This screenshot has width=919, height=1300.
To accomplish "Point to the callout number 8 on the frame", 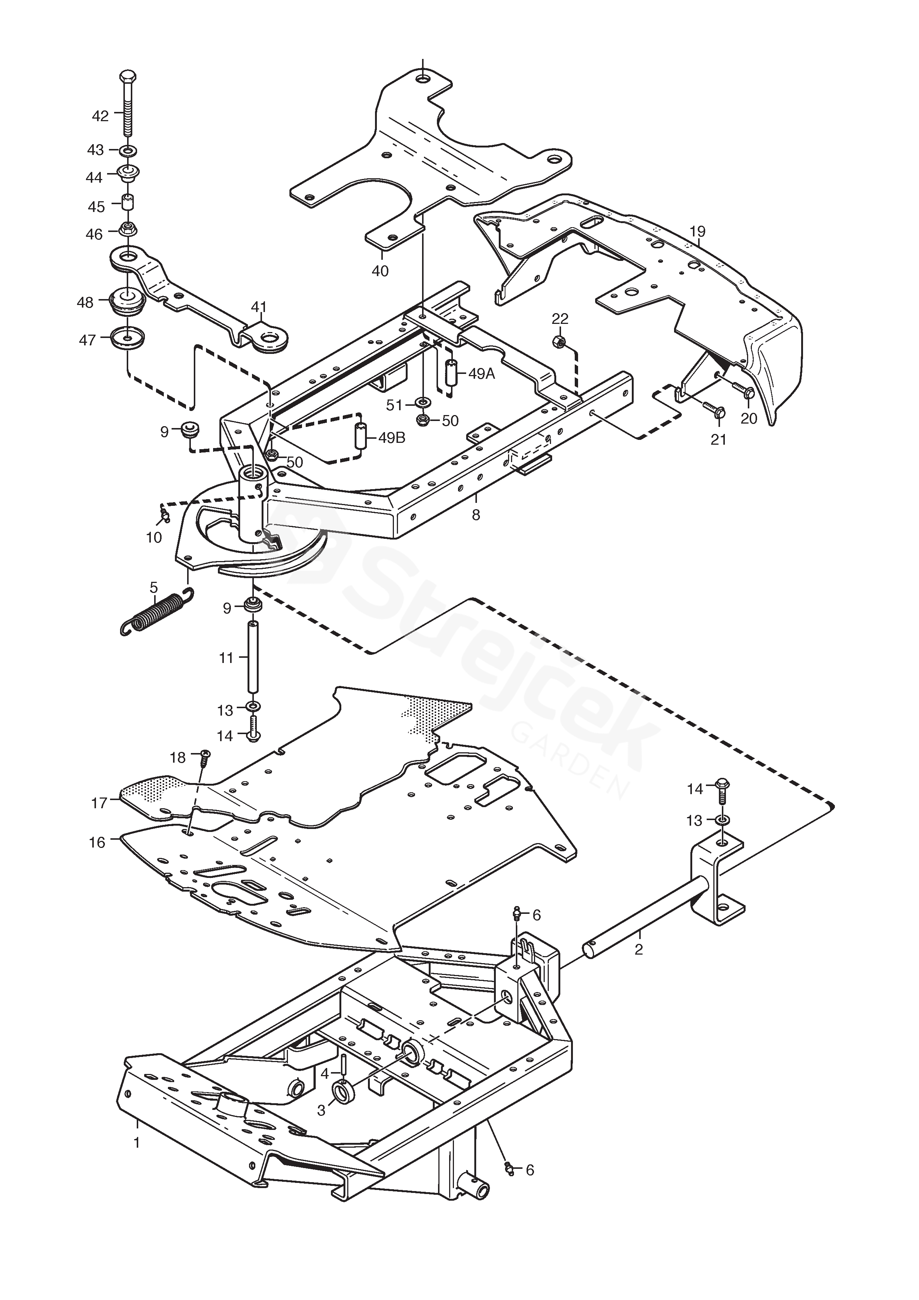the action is (476, 515).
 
